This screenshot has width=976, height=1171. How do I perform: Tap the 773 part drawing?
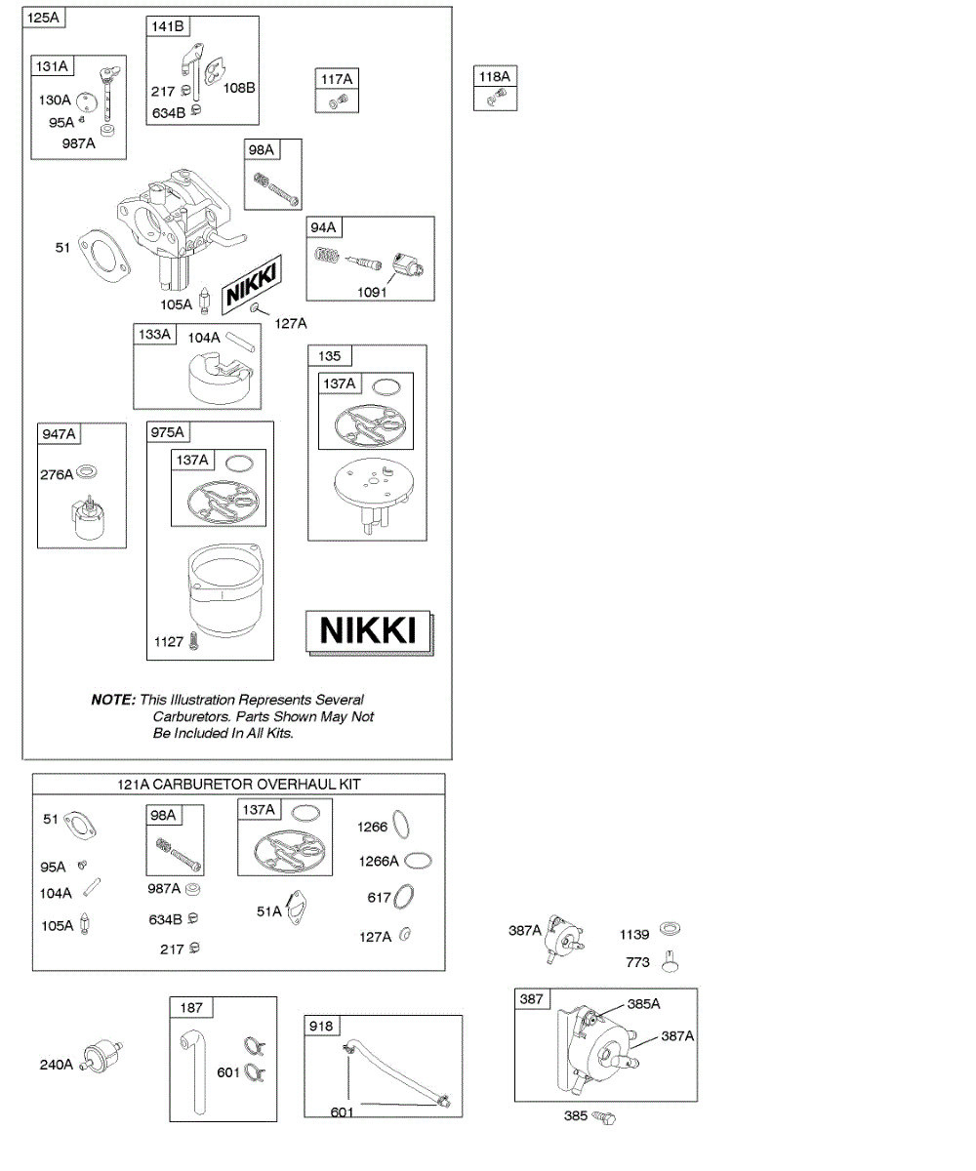click(x=670, y=961)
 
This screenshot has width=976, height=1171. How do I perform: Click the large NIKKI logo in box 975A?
click(x=369, y=630)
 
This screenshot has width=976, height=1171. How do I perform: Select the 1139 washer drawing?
click(x=671, y=928)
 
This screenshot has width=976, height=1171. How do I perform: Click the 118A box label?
click(x=494, y=76)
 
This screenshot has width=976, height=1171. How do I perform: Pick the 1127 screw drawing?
click(x=195, y=641)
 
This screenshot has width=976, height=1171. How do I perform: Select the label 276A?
click(x=56, y=474)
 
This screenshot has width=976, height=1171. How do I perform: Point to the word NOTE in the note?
click(x=112, y=700)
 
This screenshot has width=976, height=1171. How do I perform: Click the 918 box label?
click(x=321, y=1026)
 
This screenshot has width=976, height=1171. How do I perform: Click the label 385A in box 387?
click(x=643, y=1003)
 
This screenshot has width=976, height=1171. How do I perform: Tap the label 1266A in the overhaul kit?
click(x=379, y=861)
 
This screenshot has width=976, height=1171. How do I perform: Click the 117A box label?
click(x=338, y=78)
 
